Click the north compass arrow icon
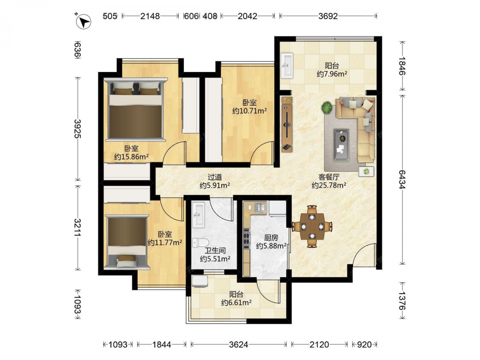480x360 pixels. coord(83,22)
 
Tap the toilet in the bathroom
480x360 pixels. coord(196,242)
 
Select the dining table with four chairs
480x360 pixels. coord(312,227)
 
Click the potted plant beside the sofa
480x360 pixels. coord(327,108)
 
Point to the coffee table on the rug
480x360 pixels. coord(341,144)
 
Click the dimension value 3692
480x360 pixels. coord(328,16)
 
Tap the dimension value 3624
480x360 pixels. coord(239,345)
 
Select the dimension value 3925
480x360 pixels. coord(77,129)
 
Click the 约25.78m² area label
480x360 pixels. coord(329,185)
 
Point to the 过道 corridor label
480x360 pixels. coord(215,177)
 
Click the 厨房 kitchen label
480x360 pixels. coord(271,237)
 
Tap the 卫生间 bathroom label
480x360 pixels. coord(215,251)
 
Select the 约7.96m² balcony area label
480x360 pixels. coord(332,74)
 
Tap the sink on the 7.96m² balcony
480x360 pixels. coord(287,65)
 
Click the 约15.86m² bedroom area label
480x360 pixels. coord(132,157)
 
